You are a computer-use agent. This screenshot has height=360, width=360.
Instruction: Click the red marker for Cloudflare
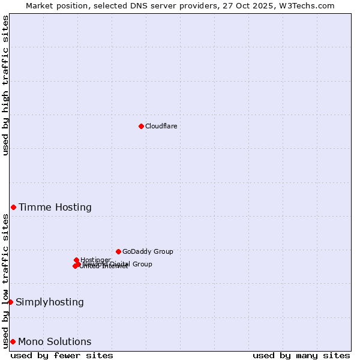coord(141,126)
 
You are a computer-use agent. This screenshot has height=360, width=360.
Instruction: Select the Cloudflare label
coord(161,126)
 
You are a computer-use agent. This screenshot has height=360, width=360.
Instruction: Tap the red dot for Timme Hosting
coord(13,207)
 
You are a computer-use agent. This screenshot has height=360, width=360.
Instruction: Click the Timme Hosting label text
coord(55,208)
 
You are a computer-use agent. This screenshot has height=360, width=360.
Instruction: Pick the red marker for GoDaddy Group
coord(118,251)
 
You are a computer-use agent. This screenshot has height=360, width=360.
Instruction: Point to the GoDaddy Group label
coord(148,251)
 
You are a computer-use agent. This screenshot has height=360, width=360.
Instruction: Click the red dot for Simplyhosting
coord(10,302)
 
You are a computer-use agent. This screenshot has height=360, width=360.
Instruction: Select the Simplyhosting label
coord(50,302)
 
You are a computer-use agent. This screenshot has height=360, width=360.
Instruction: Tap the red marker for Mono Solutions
coord(13,341)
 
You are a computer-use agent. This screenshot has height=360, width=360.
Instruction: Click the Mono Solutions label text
coord(55,342)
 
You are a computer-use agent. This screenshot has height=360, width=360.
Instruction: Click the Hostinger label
coord(95,260)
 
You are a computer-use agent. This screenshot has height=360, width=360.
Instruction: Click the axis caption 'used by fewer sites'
coord(62,355)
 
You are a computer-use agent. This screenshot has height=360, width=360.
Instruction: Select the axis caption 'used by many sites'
coord(301,355)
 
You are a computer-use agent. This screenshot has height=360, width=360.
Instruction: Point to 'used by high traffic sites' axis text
coord(5,86)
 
